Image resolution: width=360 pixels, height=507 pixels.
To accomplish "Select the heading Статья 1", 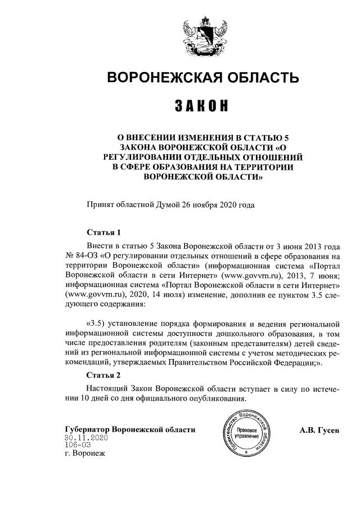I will [104, 232].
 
